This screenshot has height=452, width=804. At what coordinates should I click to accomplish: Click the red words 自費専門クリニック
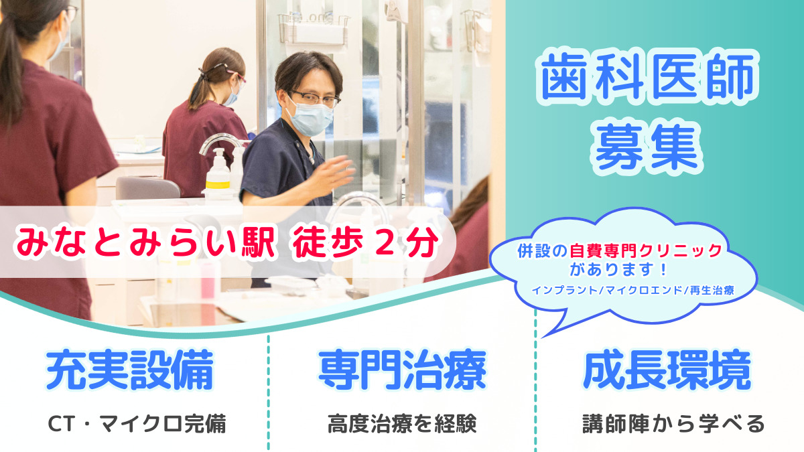(x=646, y=251)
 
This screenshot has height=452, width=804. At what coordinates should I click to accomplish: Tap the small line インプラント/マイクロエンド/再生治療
(x=633, y=290)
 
